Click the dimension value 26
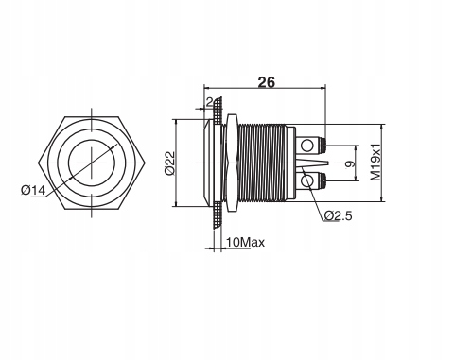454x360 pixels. (266, 83)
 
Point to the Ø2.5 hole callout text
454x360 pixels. (337, 215)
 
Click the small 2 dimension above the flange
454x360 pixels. (209, 102)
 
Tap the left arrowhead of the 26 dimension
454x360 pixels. (208, 92)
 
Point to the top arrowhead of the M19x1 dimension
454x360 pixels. (383, 125)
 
